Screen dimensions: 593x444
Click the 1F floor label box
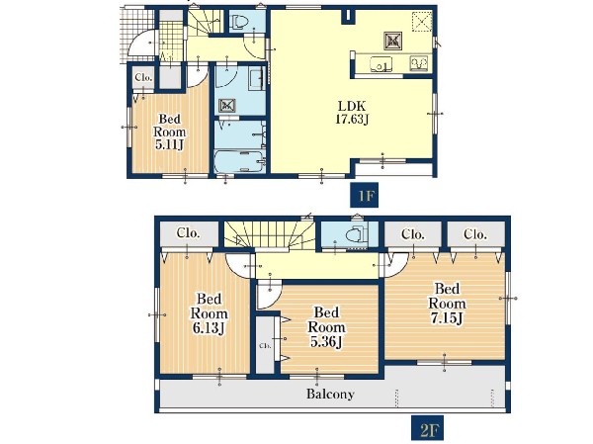tap(364, 196)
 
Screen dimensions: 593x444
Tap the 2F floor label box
tap(427, 428)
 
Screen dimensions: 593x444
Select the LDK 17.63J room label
tap(352, 113)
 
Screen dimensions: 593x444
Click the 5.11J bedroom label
tap(170, 132)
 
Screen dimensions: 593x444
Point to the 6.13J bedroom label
tap(209, 313)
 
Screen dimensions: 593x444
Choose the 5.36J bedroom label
tap(326, 327)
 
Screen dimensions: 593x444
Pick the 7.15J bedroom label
tap(447, 304)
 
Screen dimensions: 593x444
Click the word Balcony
tap(330, 394)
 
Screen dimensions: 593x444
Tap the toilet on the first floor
tap(238, 22)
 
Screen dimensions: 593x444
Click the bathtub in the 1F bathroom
tap(239, 161)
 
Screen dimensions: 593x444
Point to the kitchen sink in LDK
tap(381, 63)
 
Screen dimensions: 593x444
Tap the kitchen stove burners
tap(419, 63)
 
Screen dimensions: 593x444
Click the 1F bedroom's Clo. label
tap(143, 78)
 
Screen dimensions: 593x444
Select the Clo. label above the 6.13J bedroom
tap(189, 232)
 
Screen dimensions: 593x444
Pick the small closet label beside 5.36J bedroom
tap(265, 345)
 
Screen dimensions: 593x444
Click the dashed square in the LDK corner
tap(422, 22)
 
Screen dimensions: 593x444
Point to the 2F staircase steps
tap(269, 235)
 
